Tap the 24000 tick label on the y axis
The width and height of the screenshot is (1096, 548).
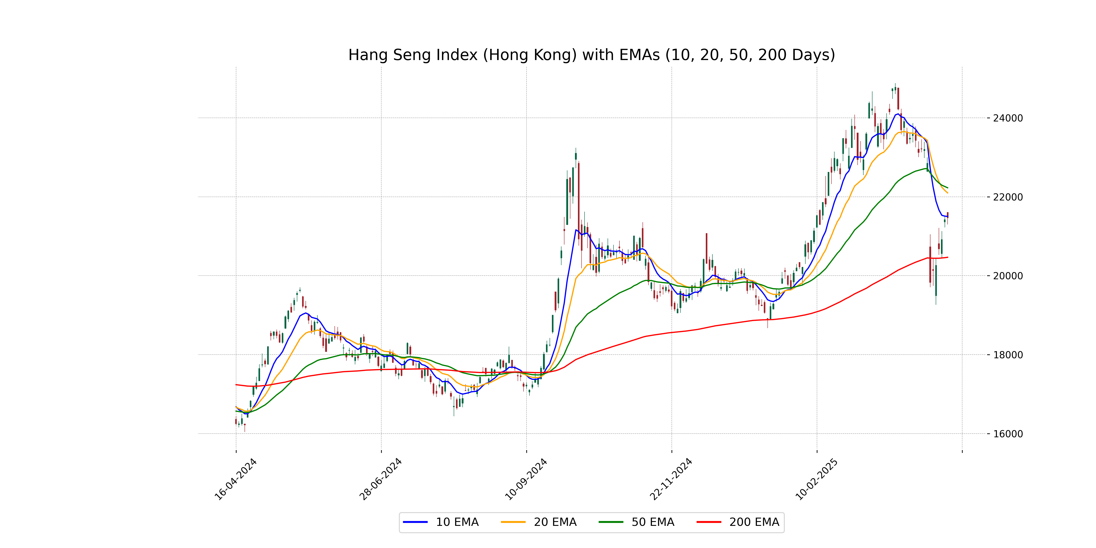[x=1007, y=118]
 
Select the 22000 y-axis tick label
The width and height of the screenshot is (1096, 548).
[x=1007, y=197]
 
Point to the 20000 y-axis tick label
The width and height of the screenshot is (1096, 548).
[x=1007, y=276]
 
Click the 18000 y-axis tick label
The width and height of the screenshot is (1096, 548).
[x=1007, y=355]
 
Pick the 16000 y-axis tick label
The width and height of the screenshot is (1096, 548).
[x=1007, y=434]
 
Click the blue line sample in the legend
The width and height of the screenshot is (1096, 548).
[x=415, y=522]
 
